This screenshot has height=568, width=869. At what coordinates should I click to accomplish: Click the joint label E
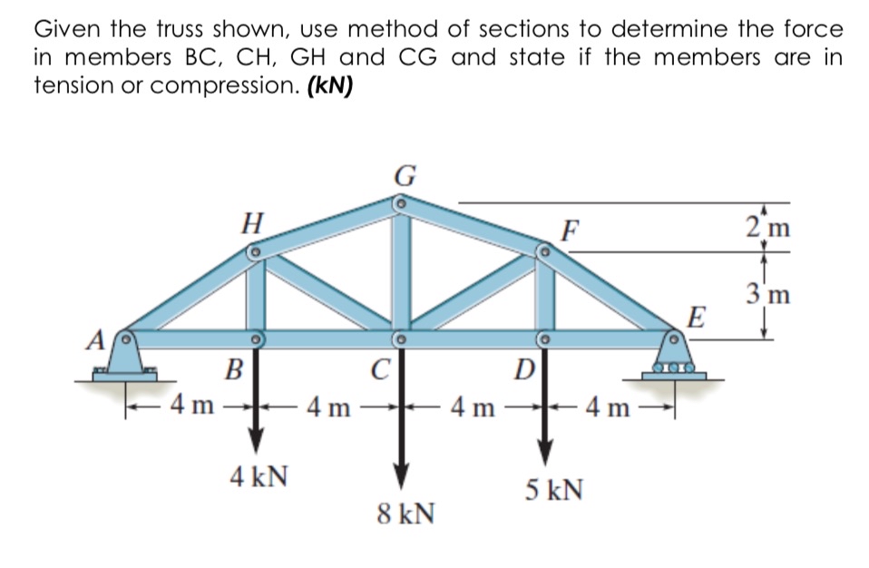[x=697, y=318]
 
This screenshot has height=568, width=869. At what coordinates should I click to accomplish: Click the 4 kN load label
[x=259, y=475]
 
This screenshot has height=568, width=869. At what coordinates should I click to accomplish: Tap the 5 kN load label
[x=552, y=491]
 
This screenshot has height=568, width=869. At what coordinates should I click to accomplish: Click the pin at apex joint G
[x=398, y=206]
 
